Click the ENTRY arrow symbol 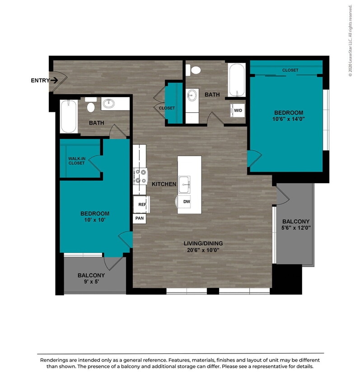point(54,80)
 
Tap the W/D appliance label point(238,110)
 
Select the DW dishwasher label point(186,202)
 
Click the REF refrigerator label point(142,204)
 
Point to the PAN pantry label point(140,218)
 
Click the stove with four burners point(140,176)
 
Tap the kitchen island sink point(185,183)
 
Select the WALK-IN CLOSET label point(76,161)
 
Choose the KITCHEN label point(164,184)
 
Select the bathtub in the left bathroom point(69,116)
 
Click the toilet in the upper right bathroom point(196,70)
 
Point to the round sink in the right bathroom point(192,95)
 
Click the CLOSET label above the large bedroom point(290,70)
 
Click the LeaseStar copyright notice point(350,41)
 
